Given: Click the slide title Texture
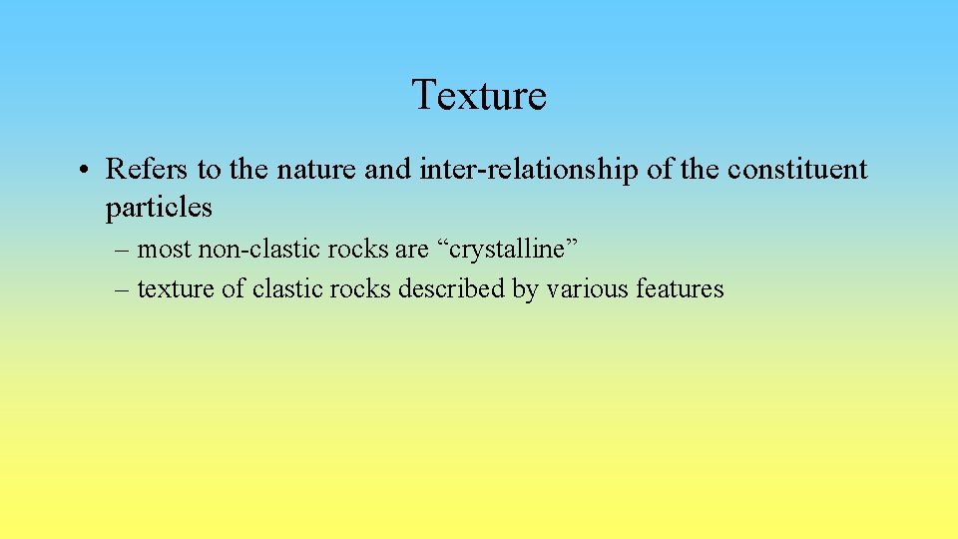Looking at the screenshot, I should point(479,95).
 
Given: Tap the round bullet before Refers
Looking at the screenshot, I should point(89,170).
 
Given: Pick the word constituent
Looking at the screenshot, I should point(797,170).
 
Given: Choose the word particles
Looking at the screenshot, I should point(159,207).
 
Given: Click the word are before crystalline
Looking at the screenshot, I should point(410,249).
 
